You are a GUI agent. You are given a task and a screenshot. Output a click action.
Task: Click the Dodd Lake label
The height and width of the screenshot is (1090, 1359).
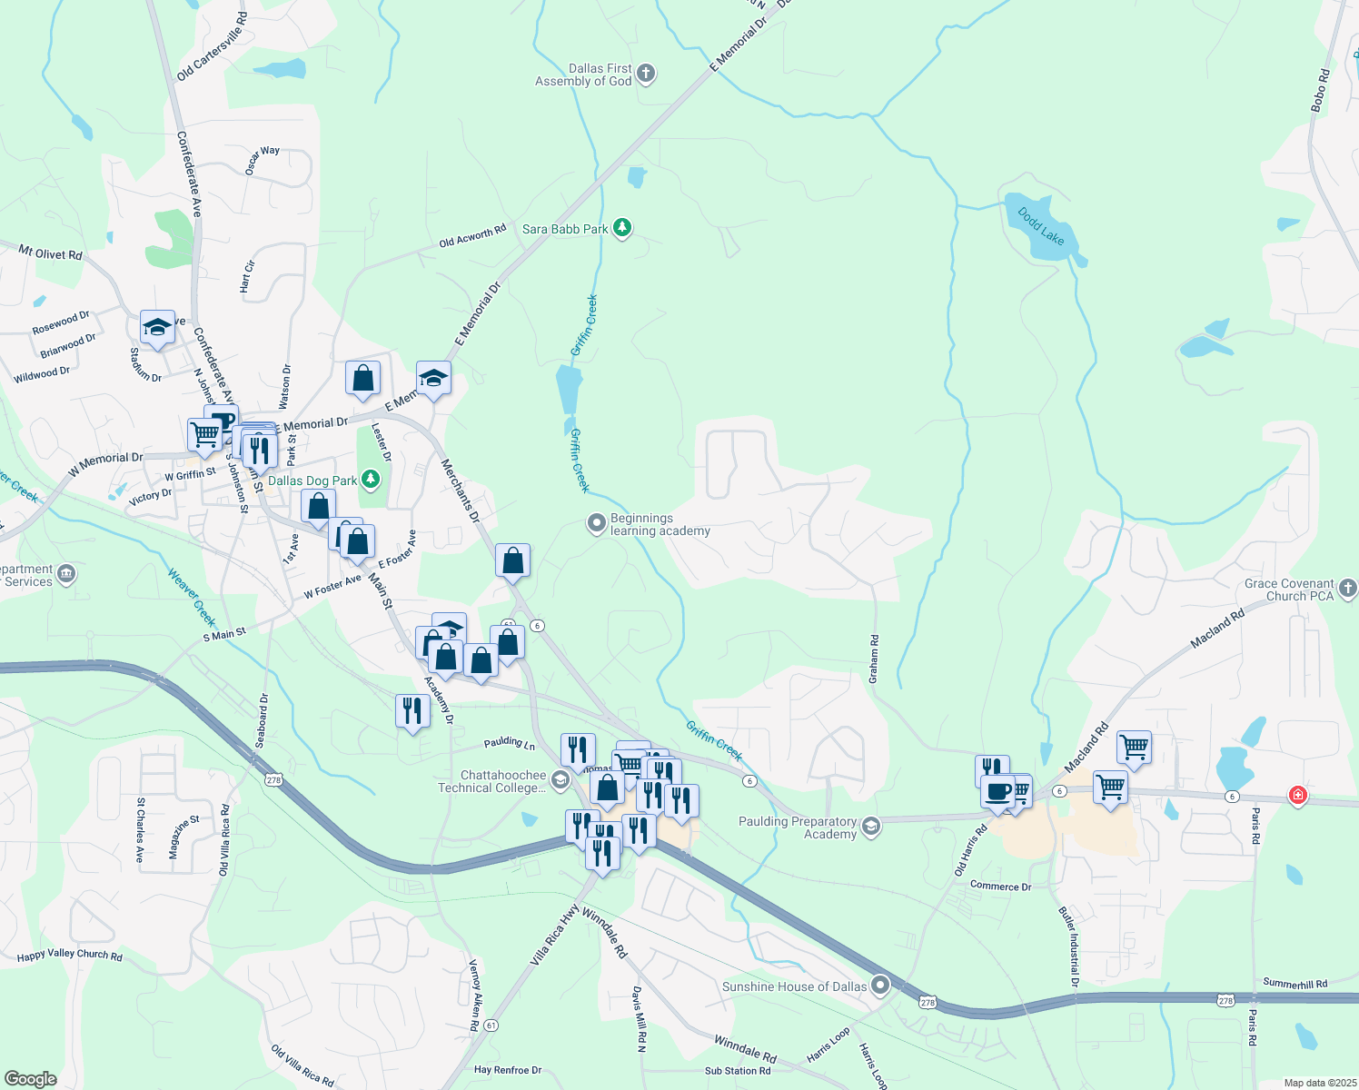pos(1041,226)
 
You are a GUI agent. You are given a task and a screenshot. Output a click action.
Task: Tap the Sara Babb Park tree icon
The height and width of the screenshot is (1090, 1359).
pos(622,228)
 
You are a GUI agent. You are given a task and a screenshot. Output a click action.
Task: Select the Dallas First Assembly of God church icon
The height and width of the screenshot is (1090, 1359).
pos(646,74)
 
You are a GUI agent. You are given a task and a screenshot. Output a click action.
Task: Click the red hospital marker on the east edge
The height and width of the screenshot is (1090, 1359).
pos(1298,796)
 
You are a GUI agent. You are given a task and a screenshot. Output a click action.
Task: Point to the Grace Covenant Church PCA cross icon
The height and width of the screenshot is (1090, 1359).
pos(1348,589)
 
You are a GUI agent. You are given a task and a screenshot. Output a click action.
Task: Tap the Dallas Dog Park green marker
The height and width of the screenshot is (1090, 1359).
pos(370,479)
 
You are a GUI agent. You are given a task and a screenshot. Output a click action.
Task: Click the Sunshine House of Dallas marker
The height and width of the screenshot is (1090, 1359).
pos(879,985)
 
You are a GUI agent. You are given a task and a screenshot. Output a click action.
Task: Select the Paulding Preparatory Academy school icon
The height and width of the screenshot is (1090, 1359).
pos(871,827)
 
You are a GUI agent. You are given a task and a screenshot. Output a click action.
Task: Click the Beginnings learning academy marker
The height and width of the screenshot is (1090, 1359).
pos(596,523)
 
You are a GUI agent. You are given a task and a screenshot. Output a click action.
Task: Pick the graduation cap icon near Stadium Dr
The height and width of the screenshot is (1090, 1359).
pos(157,327)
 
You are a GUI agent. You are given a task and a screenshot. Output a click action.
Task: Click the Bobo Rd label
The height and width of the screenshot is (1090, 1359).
pos(1320,91)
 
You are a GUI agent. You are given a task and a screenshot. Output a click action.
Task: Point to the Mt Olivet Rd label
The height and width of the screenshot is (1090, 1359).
pos(50,252)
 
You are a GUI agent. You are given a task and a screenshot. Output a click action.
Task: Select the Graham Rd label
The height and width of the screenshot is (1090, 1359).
pos(874,659)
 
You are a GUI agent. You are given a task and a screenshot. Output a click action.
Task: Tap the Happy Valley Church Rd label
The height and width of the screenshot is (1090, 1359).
pos(70,955)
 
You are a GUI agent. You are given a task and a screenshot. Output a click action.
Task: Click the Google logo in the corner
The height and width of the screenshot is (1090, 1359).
pos(30,1079)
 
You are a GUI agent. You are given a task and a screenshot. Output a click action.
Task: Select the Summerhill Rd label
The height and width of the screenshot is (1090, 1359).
pos(1295,984)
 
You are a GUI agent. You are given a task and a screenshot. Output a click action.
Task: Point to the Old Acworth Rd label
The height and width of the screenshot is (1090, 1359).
pos(472,237)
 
